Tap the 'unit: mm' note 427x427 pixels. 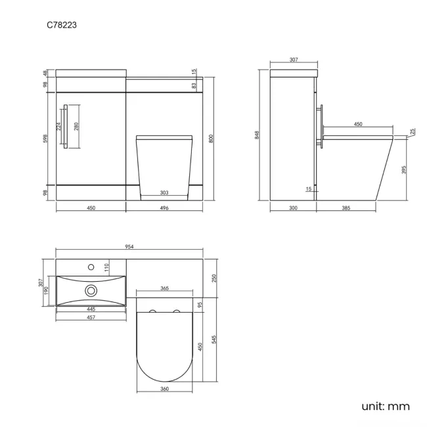pos(385,406)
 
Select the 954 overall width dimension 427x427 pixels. pos(129,246)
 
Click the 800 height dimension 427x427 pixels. pos(211,139)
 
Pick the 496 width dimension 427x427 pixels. pos(165,208)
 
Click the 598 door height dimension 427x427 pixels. pos(45,139)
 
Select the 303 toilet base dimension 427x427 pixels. pos(164,192)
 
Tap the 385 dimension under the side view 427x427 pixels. pos(347,208)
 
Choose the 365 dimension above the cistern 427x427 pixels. pos(164,288)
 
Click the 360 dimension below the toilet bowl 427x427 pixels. pos(164,390)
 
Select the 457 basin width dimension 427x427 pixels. pos(90,317)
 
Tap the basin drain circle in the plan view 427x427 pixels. pos(91,289)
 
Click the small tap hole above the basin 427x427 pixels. pos(91,267)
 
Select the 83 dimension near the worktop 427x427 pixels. pos(195,85)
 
